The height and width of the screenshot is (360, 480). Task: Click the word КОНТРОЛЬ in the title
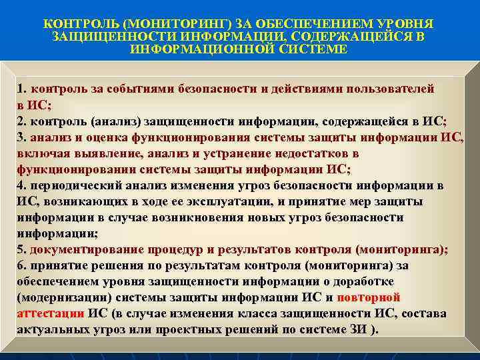click(75, 23)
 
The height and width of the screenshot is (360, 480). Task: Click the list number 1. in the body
click(22, 89)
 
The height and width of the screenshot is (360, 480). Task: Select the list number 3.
click(22, 137)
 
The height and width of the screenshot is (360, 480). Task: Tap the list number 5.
click(22, 249)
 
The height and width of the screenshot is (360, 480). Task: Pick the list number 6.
click(22, 265)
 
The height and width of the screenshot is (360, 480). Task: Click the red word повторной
click(369, 297)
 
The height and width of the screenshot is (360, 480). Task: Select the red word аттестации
click(50, 313)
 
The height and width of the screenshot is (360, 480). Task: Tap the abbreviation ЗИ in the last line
click(358, 329)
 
